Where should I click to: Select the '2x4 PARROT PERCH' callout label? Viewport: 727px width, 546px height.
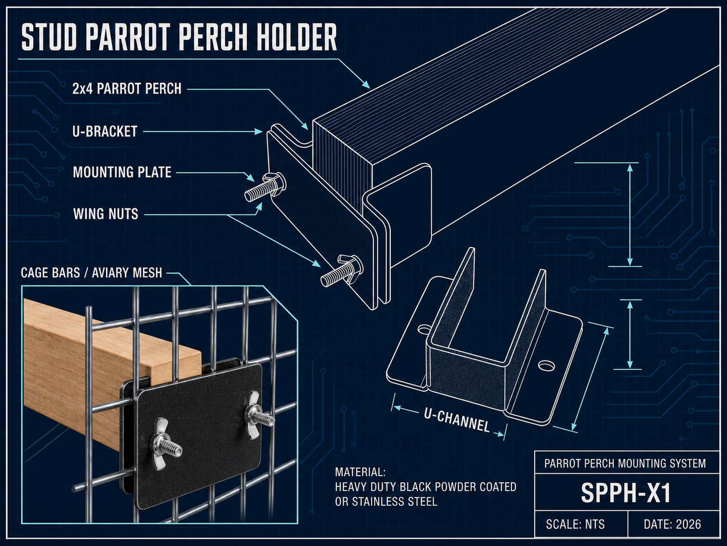click(x=127, y=89)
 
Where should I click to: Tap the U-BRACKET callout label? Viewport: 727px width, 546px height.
click(x=105, y=132)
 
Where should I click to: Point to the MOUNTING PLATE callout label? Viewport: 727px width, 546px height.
click(x=122, y=172)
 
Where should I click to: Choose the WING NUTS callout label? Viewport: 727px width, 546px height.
click(x=106, y=214)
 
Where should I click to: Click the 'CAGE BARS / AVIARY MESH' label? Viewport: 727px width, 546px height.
click(x=91, y=273)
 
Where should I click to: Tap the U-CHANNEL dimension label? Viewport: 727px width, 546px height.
click(x=457, y=420)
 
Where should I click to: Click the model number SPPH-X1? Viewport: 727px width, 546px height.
click(x=627, y=493)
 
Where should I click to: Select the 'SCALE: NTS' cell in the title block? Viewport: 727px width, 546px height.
click(x=575, y=524)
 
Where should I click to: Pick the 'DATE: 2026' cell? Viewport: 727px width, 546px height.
click(x=672, y=524)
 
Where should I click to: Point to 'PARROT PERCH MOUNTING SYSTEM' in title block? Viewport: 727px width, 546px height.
click(x=625, y=463)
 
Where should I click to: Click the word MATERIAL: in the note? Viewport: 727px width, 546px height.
click(x=360, y=472)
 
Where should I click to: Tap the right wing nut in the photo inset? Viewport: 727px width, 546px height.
click(x=258, y=415)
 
